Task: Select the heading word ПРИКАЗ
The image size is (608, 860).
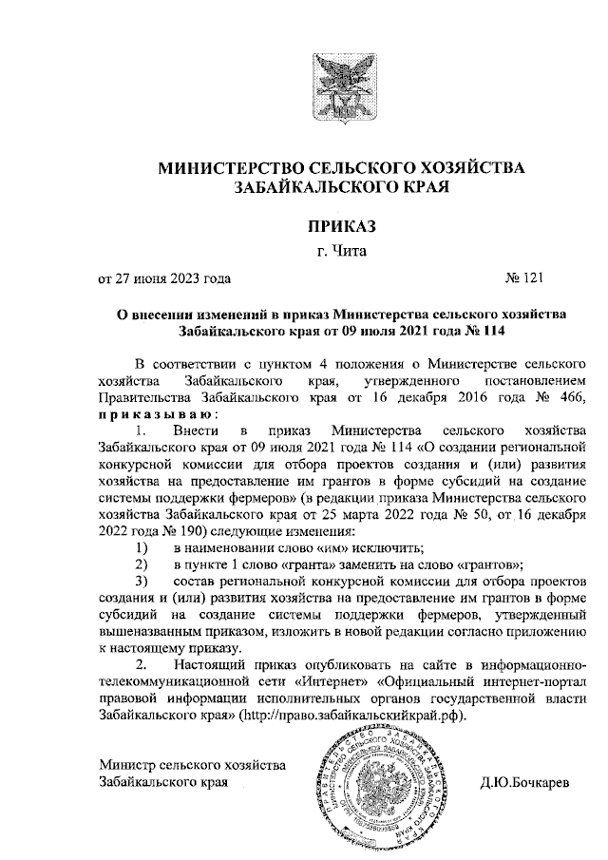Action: pos(341,226)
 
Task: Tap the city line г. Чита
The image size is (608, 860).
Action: pos(341,252)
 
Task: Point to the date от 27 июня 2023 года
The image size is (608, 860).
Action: pos(165,278)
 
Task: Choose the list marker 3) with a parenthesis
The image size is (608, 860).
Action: pos(142,581)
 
